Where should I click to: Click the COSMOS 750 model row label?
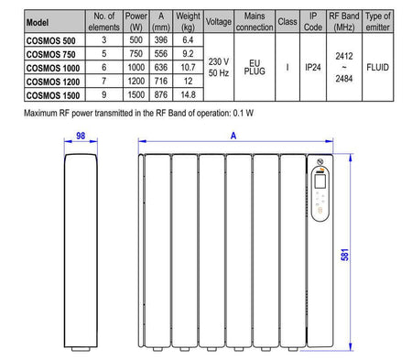click(50, 54)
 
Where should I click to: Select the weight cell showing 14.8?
click(188, 94)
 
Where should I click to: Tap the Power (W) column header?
click(136, 21)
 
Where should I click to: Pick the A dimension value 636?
click(161, 67)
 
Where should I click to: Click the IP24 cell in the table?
click(313, 67)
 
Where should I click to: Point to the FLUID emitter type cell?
click(377, 67)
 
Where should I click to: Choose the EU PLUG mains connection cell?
click(255, 67)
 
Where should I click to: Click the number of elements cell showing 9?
click(104, 94)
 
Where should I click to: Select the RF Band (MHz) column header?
click(344, 21)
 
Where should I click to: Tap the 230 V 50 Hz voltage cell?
click(219, 67)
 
